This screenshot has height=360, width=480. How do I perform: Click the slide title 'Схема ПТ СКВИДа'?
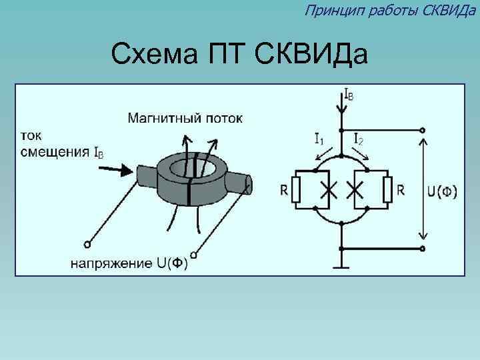pos(239,54)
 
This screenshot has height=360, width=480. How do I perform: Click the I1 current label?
pos(319,139)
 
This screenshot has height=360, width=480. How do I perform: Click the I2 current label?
pos(358,139)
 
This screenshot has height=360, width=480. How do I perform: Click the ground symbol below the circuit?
pos(341,267)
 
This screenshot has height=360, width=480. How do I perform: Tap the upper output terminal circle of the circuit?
pos(422,130)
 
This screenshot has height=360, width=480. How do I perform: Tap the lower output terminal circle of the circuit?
pos(422,248)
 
